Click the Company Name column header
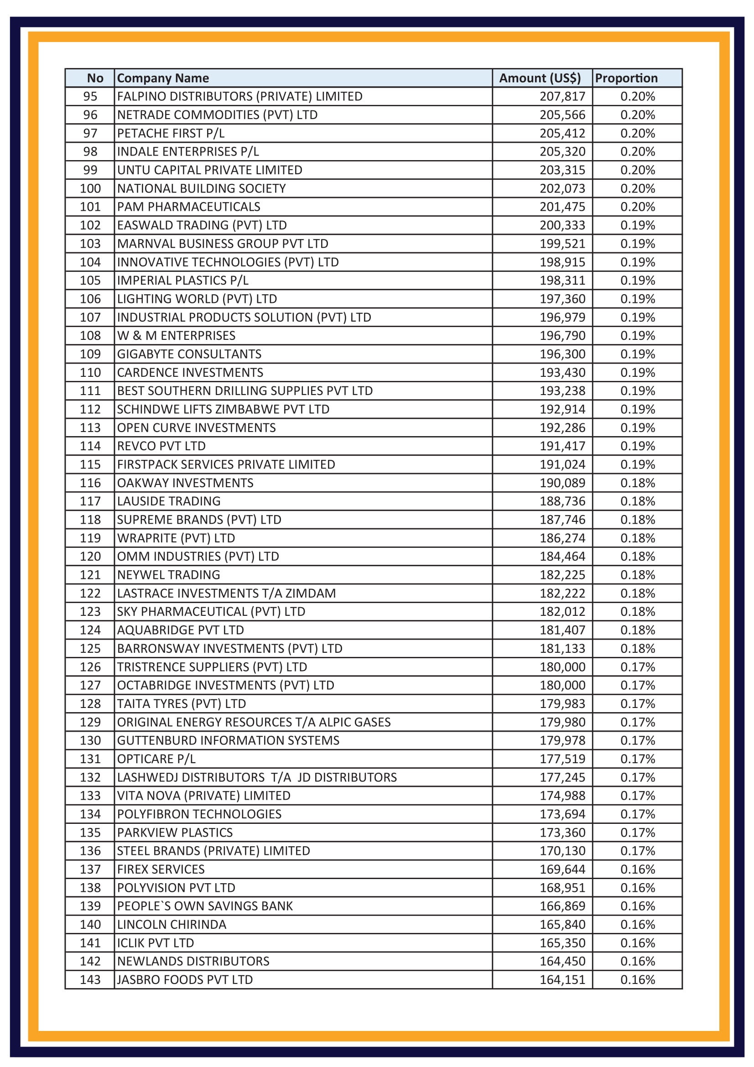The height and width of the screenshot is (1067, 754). pos(162,78)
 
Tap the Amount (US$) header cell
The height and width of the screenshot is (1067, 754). pos(540,78)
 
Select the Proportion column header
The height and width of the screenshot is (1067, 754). pos(626,78)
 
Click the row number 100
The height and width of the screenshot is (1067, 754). pos(90,188)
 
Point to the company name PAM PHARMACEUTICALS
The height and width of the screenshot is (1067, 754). pos(189,207)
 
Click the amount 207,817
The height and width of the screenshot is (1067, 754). pos(562,96)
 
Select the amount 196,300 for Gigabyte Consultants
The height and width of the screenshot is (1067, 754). pos(562,354)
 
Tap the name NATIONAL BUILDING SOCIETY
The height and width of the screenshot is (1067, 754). pos(201,188)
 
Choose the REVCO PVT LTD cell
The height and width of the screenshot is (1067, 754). pos(161,446)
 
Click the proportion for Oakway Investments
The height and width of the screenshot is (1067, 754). pos(637,483)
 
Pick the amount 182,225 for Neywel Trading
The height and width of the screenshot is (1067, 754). pos(562,575)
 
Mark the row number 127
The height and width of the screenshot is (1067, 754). pos(90,685)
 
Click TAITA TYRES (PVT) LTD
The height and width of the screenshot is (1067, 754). pos(181,703)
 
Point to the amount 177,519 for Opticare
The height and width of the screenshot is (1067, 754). pos(562,759)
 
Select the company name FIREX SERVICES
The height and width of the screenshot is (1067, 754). pos(161,869)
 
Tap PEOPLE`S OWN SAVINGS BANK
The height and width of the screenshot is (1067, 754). pos(205,906)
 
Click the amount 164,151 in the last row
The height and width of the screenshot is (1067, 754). pos(562,979)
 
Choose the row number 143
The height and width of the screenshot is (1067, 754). pos(90,979)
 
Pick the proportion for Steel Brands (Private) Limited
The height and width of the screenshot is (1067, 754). pos(637,851)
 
